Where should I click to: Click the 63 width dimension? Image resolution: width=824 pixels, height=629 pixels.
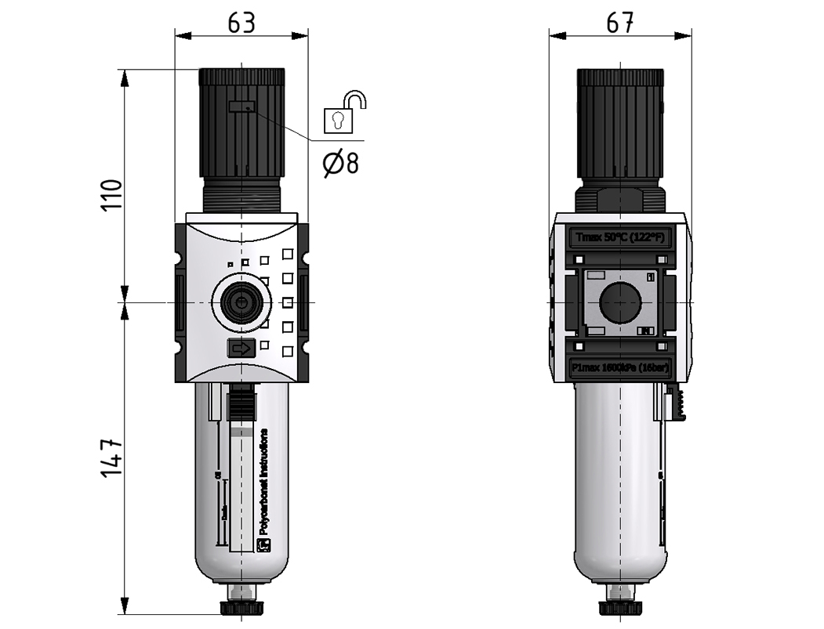pos(241,23)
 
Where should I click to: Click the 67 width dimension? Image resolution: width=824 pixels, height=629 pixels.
pos(620,23)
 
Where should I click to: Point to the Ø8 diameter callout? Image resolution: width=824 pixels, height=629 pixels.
pos(341,163)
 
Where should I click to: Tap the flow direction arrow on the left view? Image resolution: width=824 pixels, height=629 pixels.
pos(241,348)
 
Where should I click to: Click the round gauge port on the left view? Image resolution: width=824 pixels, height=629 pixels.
pos(241,302)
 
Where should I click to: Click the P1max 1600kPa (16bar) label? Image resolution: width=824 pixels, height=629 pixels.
pos(620,367)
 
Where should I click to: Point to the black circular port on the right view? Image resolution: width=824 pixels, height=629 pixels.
pos(621,302)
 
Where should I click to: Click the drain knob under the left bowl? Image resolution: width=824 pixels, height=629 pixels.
pos(241,608)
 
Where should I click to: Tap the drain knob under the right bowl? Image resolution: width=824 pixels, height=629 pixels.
pos(621,608)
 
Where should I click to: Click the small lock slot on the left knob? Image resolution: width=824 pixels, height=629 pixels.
pos(241,107)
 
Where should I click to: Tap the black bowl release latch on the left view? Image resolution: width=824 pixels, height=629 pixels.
pos(241,406)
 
